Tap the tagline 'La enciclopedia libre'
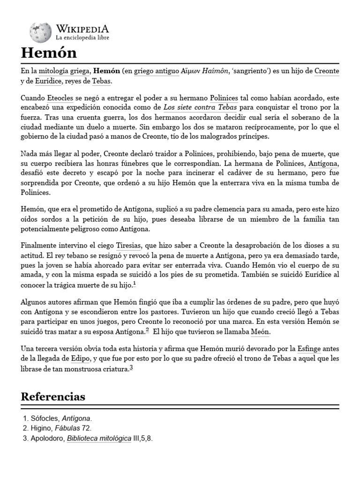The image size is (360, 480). (x=82, y=37)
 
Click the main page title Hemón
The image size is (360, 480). (x=48, y=52)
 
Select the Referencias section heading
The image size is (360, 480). (x=53, y=397)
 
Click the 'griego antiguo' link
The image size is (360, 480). (x=157, y=71)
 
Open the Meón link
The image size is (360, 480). (x=261, y=332)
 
